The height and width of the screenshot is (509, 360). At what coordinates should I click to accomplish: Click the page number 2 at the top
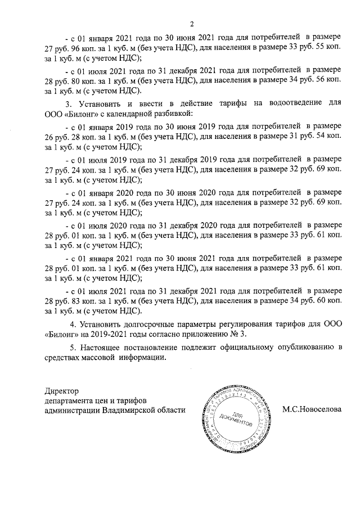[x=191, y=24]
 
